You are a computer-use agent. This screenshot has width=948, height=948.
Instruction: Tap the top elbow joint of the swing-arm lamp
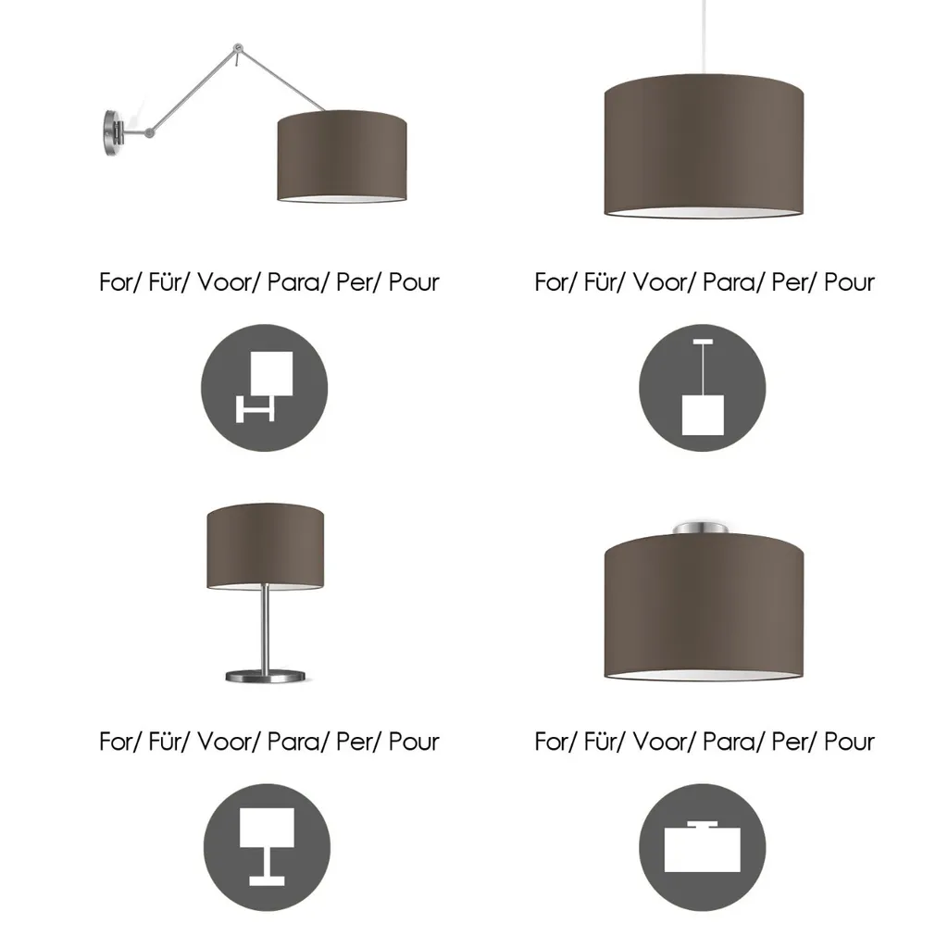point(238,48)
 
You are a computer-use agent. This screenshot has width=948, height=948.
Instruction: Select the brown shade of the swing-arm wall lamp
point(342,156)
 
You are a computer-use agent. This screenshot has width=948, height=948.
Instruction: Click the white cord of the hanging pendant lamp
point(704,37)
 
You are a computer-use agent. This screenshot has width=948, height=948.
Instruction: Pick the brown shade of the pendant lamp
point(704,145)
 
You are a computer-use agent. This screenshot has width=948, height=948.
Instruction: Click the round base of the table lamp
point(266,676)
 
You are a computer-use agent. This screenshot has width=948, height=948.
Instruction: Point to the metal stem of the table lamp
point(265,628)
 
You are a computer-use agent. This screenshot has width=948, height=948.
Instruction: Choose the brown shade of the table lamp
point(266,546)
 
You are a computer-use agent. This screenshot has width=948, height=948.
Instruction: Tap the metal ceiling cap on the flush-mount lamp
point(701,528)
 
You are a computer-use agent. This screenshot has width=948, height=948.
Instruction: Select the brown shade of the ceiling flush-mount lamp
point(704,606)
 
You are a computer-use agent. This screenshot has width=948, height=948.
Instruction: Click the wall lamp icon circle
point(264,388)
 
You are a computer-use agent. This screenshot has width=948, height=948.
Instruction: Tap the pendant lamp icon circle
point(703,388)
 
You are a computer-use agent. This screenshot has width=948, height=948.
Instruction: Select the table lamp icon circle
point(267,847)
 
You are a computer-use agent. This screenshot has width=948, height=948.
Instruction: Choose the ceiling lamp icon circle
point(703,847)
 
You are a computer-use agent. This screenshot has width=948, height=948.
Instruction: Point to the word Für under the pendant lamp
point(600,282)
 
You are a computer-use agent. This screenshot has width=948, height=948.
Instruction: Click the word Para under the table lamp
point(293,742)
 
